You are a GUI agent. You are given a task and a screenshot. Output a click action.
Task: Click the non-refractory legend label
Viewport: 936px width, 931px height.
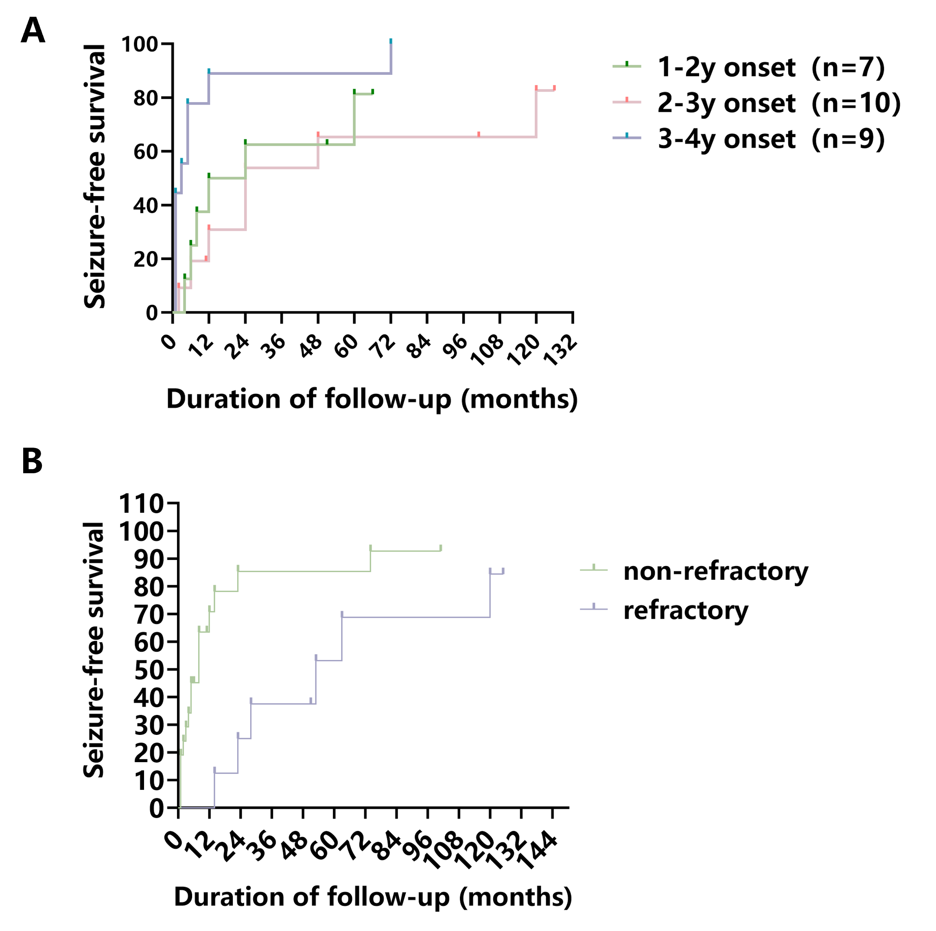point(715,572)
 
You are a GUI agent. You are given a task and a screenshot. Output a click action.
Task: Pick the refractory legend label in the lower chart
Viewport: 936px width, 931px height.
point(686,610)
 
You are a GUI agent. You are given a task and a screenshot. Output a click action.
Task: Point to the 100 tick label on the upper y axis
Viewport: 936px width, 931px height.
point(140,45)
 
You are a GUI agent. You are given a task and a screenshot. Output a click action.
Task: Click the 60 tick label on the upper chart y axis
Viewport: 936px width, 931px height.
point(145,152)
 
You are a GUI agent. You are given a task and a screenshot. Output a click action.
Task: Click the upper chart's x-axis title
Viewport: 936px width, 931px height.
point(372,400)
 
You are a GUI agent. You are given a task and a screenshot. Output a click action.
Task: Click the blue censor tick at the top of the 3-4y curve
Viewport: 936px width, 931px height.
point(391,41)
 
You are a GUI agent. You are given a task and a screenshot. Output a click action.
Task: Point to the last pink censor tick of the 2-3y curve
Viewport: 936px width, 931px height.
point(554,87)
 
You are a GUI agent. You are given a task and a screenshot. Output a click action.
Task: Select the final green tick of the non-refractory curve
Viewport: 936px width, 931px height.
point(441,548)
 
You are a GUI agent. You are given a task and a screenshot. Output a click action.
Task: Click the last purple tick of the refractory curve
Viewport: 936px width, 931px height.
point(503,570)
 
